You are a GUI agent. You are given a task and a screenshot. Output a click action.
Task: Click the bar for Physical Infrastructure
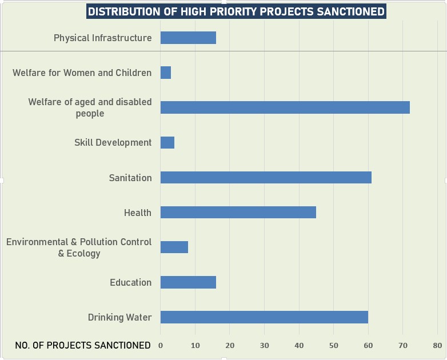(188, 38)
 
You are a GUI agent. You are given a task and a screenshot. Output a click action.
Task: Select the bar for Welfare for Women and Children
(166, 73)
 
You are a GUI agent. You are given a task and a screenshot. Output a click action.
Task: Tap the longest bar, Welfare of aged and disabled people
(285, 107)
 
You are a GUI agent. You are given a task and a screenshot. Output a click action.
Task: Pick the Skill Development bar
(167, 142)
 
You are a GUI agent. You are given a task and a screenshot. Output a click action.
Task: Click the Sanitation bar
(266, 177)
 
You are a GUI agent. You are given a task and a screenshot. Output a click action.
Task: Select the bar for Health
(238, 212)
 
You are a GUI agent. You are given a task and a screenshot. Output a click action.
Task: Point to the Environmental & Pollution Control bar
(174, 247)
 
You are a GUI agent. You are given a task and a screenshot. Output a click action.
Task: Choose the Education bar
(188, 282)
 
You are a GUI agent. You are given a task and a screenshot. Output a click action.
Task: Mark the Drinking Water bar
(264, 317)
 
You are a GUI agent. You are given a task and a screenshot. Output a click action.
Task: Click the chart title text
(236, 11)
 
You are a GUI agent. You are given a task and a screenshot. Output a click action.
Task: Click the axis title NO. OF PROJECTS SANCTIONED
(83, 345)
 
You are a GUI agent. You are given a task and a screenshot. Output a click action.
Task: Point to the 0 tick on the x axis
(161, 345)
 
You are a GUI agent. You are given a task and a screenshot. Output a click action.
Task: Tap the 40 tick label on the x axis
(299, 345)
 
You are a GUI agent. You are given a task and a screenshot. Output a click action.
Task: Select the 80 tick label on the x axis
(437, 345)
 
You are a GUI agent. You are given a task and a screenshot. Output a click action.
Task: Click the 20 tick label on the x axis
(230, 345)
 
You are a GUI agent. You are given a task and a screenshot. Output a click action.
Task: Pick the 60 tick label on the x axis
(368, 345)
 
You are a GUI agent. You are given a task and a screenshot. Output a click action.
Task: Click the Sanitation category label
(130, 178)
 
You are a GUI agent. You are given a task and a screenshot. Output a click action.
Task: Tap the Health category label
(138, 213)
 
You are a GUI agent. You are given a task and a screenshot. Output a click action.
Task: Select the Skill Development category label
(113, 142)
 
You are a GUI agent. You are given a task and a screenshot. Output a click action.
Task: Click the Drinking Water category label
(120, 317)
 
